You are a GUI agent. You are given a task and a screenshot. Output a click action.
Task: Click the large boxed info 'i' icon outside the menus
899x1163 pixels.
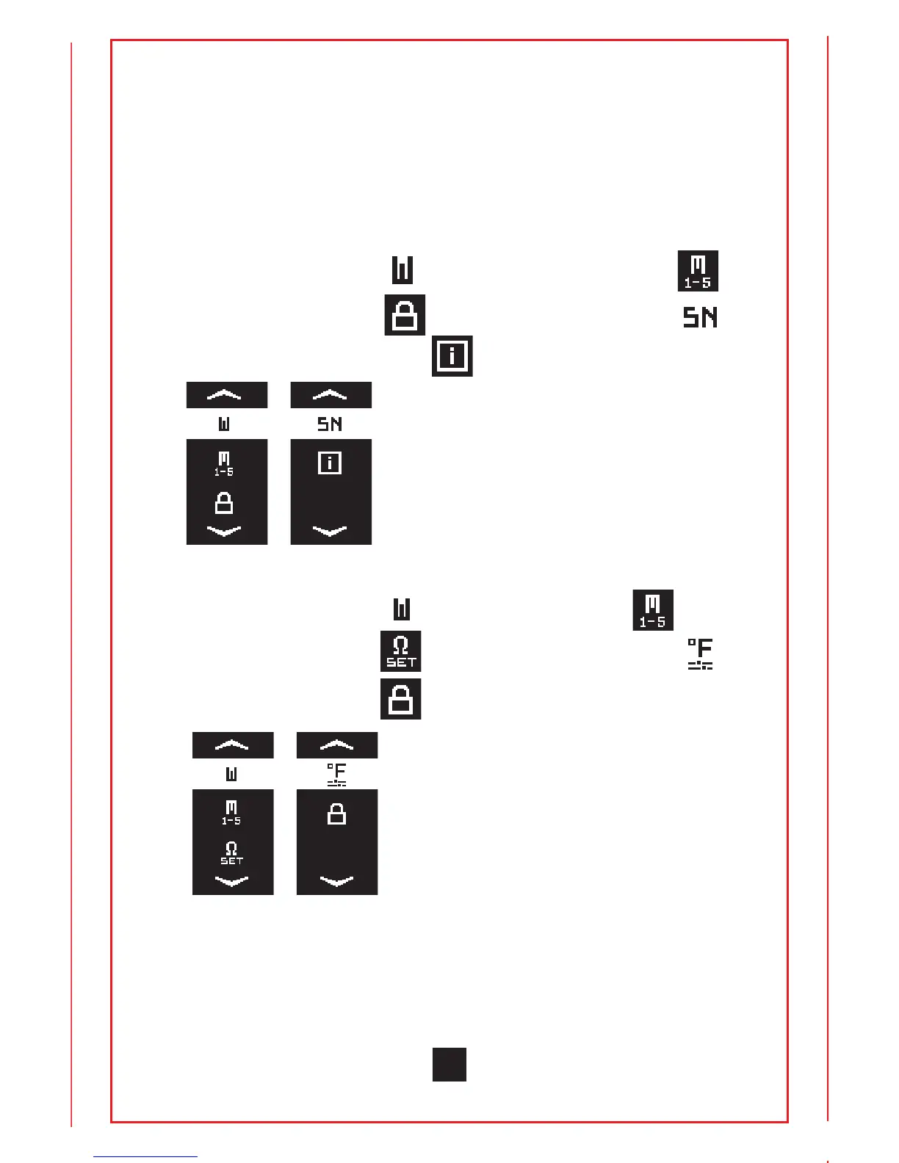pyautogui.click(x=452, y=356)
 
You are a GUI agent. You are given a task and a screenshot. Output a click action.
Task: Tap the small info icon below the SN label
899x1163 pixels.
pyautogui.click(x=330, y=463)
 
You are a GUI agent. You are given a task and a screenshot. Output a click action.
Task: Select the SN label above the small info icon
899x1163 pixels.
pyautogui.click(x=330, y=424)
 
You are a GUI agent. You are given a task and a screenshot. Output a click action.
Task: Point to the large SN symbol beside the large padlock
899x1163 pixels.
pyautogui.click(x=700, y=317)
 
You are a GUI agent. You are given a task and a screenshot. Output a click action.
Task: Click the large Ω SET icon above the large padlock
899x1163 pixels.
pyautogui.click(x=400, y=651)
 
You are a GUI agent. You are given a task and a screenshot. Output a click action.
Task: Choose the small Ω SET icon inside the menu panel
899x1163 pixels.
pyautogui.click(x=232, y=853)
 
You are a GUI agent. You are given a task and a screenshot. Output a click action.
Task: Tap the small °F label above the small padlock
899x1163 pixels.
pyautogui.click(x=336, y=775)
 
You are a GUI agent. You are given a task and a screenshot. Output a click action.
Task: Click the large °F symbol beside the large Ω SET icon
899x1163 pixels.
pyautogui.click(x=700, y=653)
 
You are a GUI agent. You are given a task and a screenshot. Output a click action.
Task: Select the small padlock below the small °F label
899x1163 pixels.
pyautogui.click(x=336, y=814)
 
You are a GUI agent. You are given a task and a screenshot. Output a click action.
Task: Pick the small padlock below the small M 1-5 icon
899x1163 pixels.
pyautogui.click(x=224, y=504)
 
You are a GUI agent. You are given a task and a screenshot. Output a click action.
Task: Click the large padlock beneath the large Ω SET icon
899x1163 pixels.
pyautogui.click(x=400, y=698)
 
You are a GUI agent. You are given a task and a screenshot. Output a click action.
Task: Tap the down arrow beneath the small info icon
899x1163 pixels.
pyautogui.click(x=330, y=530)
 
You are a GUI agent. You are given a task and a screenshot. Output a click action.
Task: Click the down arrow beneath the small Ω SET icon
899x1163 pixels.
pyautogui.click(x=232, y=880)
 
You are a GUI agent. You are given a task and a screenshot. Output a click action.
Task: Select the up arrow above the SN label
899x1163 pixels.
pyautogui.click(x=330, y=395)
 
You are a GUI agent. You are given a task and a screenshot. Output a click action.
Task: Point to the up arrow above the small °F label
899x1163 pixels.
pyautogui.click(x=336, y=745)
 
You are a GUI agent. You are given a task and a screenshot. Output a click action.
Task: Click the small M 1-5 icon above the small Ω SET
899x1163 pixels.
pyautogui.click(x=232, y=813)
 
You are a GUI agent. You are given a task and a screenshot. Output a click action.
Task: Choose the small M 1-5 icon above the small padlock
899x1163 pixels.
pyautogui.click(x=224, y=463)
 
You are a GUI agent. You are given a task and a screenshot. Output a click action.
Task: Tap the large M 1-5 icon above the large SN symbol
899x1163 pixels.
pyautogui.click(x=698, y=271)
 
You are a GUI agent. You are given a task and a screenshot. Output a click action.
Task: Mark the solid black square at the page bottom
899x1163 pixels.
pyautogui.click(x=449, y=1065)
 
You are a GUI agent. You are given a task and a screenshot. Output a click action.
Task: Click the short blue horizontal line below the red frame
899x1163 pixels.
pyautogui.click(x=145, y=1156)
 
